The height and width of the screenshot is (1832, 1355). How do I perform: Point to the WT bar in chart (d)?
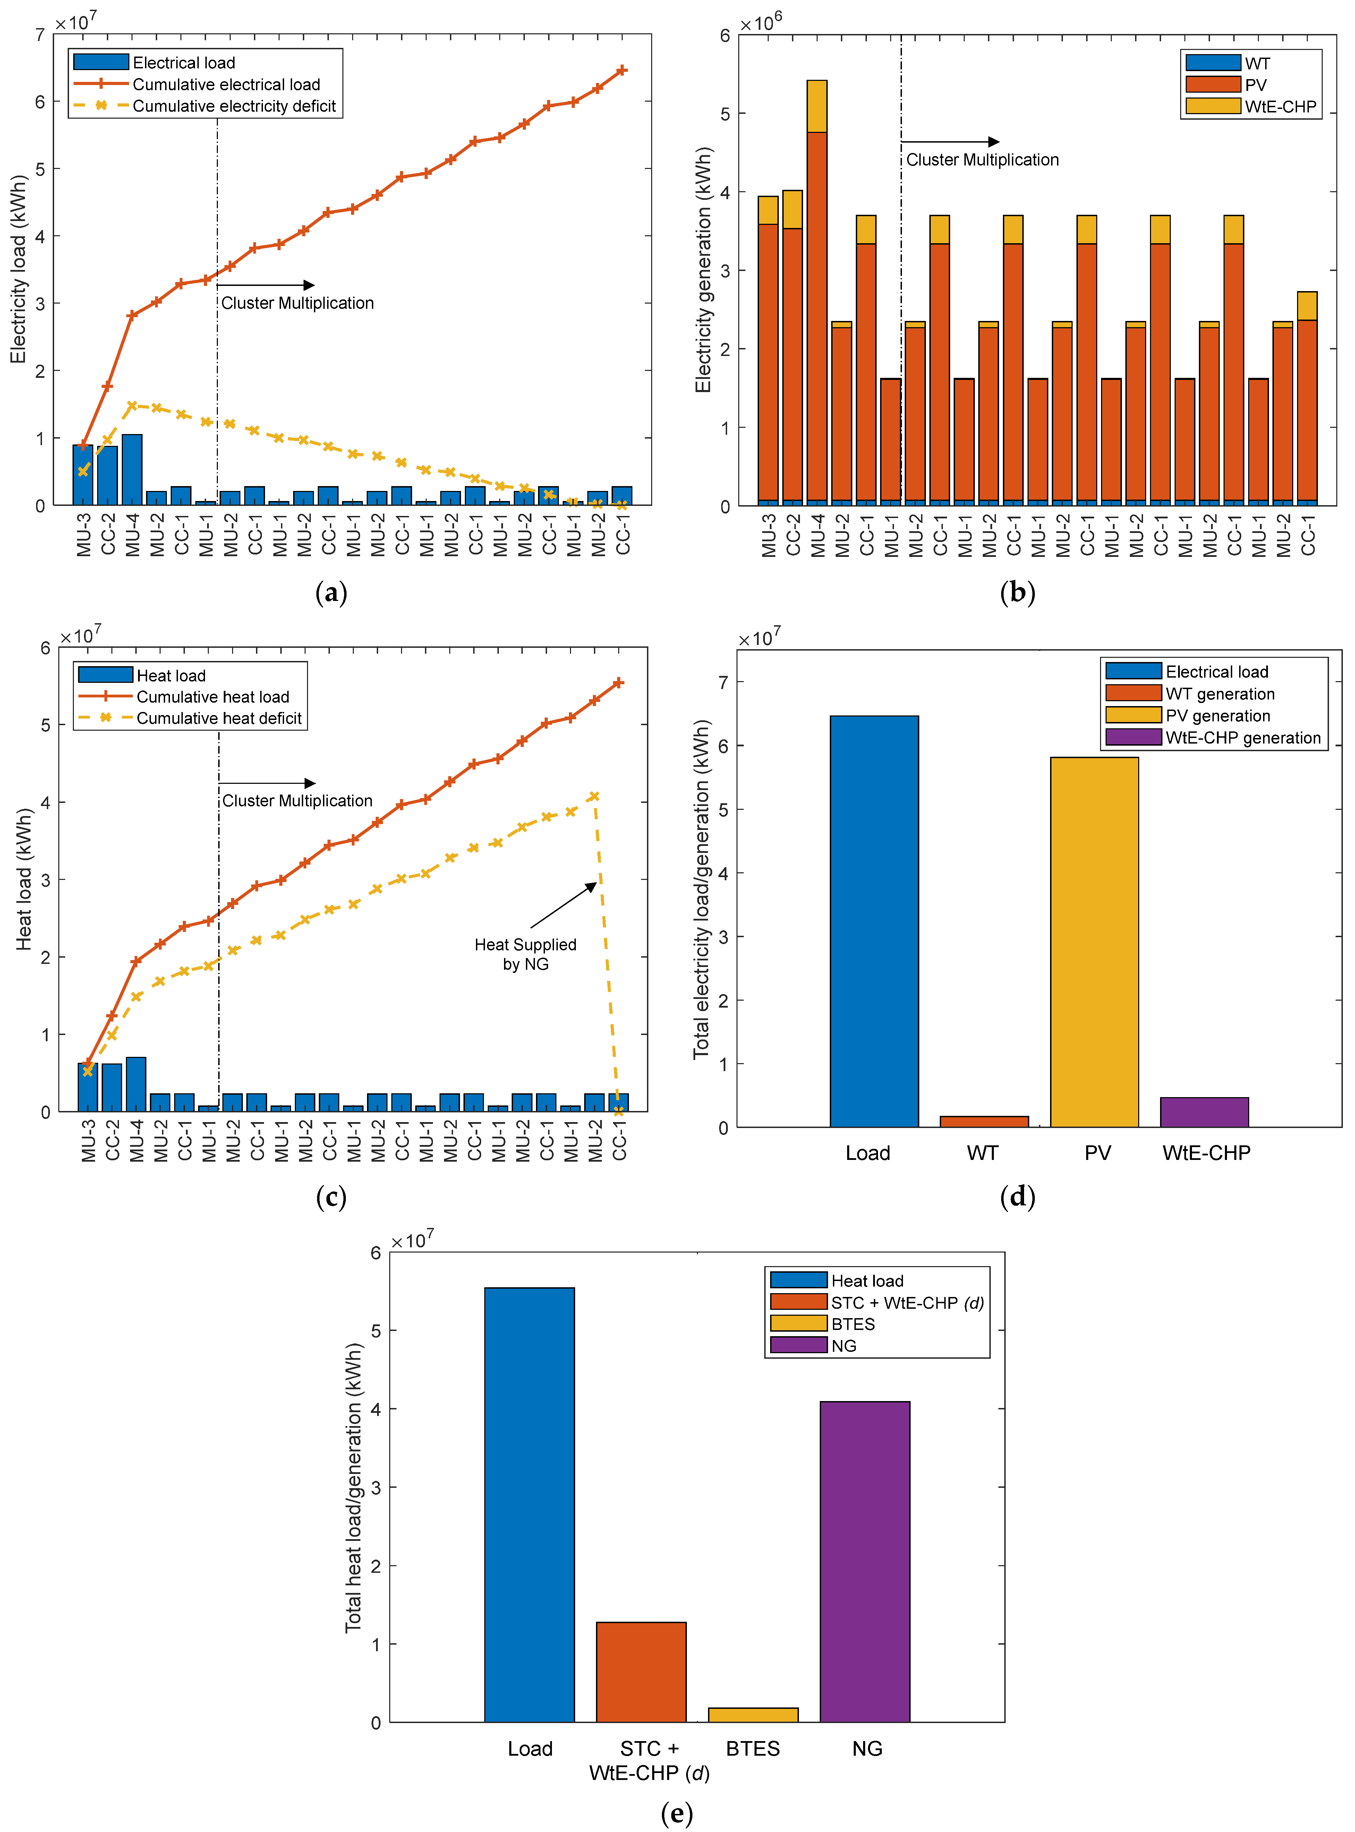984,1121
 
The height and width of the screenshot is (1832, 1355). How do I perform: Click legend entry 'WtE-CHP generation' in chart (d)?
1243,738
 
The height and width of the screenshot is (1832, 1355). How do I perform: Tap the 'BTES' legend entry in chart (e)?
853,1324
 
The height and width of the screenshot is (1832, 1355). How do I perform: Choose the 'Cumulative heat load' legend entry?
212,696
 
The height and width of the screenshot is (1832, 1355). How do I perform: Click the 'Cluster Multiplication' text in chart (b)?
982,160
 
